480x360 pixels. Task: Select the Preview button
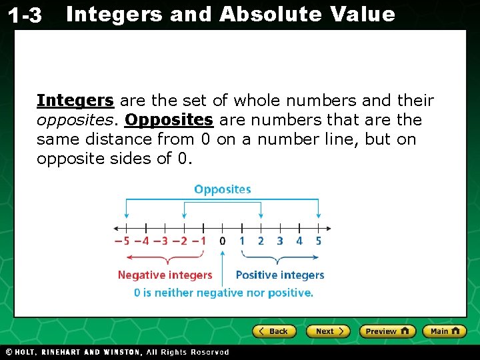tap(387, 331)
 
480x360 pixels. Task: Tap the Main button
tap(443, 331)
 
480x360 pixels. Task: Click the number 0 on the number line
tap(223, 241)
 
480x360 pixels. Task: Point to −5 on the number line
tap(121, 241)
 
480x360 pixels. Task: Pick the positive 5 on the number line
tap(318, 241)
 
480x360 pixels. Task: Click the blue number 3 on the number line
tap(280, 241)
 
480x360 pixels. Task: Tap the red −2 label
tap(179, 241)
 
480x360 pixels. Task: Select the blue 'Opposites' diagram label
tap(223, 189)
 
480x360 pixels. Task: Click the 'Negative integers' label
tap(165, 275)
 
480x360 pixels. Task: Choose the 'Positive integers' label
tap(280, 275)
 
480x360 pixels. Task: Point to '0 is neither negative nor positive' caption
tap(223, 293)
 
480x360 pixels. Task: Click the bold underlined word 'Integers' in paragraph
tap(75, 101)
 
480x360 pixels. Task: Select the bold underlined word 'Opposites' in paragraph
tap(169, 120)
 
